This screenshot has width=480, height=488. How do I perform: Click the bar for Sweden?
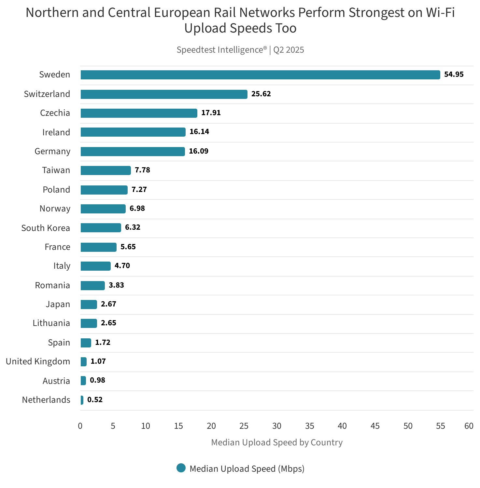click(260, 75)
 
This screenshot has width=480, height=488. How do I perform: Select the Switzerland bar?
click(164, 94)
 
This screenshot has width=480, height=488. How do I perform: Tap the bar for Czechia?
click(139, 113)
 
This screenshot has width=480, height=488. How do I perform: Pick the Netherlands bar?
click(82, 400)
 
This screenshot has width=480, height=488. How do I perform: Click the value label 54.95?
click(454, 75)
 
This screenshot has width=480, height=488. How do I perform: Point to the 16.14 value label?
click(199, 132)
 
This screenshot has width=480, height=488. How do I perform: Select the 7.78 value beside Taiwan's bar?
click(142, 170)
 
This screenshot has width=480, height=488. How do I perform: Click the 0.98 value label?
click(97, 380)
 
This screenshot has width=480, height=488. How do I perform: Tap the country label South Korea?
click(46, 228)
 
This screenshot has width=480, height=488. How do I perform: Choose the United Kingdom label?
click(38, 361)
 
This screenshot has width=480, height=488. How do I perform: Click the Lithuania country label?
click(51, 323)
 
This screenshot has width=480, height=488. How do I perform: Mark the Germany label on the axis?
click(52, 151)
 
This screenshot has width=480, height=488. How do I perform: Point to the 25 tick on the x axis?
click(244, 426)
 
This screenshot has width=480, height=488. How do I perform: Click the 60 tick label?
click(469, 426)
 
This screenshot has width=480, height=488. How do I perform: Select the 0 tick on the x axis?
click(80, 426)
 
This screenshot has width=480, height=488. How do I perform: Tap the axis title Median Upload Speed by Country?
click(277, 442)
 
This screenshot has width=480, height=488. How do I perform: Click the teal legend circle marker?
click(181, 468)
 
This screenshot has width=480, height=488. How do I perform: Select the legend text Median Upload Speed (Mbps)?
click(247, 469)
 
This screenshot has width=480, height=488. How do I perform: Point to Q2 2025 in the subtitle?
click(289, 50)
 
